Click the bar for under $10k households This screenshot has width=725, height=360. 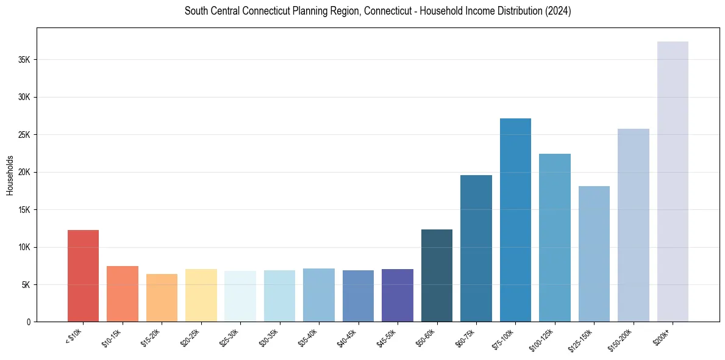click(x=83, y=276)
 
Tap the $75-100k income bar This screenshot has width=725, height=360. click(x=515, y=220)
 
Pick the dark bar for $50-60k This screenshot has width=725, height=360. click(x=437, y=275)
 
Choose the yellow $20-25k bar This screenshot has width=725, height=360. click(x=201, y=295)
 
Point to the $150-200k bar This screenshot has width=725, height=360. click(x=633, y=225)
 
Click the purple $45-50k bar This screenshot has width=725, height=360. click(x=398, y=295)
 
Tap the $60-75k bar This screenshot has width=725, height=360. click(x=476, y=248)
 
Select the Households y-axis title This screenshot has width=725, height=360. click(x=10, y=175)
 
